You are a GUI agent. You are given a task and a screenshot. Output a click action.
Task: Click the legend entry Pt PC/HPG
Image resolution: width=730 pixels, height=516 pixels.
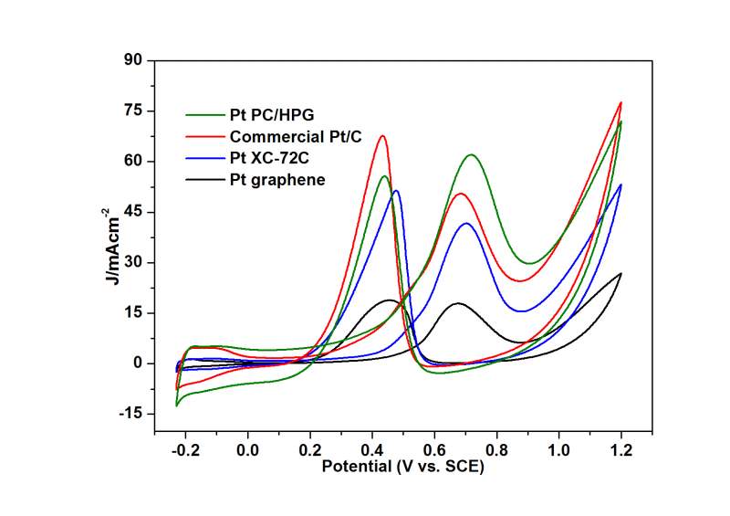click(275, 115)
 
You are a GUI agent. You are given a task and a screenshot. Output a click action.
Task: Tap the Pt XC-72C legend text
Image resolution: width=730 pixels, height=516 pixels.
click(273, 158)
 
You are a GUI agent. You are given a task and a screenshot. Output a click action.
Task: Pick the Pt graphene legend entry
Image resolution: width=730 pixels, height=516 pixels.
click(276, 180)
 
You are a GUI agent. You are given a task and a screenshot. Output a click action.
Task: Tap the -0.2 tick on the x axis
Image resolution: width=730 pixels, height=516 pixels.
click(183, 450)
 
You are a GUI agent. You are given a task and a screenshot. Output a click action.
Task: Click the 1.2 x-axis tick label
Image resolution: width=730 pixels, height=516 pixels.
click(621, 450)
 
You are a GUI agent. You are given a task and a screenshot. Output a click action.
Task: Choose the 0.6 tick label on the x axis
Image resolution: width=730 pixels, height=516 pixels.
click(434, 450)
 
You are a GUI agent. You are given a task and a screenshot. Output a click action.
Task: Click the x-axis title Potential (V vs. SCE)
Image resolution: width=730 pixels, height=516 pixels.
click(401, 467)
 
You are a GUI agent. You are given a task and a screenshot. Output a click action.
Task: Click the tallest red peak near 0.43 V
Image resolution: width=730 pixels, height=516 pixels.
click(382, 136)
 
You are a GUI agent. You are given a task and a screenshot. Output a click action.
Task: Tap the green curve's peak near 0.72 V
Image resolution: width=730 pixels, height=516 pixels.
click(471, 155)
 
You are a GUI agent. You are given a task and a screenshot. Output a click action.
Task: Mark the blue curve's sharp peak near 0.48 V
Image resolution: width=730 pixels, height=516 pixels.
click(396, 191)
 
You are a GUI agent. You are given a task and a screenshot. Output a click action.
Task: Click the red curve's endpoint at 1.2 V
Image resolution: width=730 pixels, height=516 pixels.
click(620, 102)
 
